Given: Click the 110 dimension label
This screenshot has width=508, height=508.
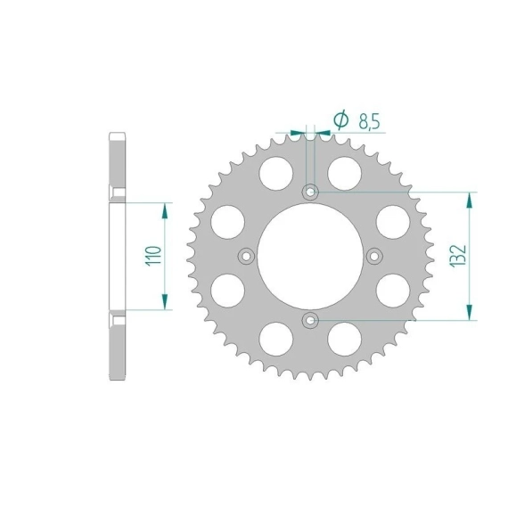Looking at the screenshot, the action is click(x=153, y=256).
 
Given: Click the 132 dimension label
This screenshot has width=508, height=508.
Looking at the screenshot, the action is click(x=458, y=256).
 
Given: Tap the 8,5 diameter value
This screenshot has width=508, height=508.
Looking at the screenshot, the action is click(x=369, y=122).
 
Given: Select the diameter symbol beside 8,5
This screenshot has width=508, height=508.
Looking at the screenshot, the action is click(x=340, y=119).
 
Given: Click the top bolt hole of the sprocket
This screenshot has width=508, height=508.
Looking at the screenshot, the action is click(x=310, y=193).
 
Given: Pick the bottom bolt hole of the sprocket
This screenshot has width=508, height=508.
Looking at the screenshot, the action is click(x=310, y=321).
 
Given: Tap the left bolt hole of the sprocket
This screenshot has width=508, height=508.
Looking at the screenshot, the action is click(x=246, y=257).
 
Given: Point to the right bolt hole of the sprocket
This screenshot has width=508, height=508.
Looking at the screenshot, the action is click(x=374, y=257).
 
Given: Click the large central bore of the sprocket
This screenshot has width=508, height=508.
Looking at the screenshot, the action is click(x=310, y=257).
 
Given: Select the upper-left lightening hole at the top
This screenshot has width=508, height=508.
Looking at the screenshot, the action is click(x=276, y=173).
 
